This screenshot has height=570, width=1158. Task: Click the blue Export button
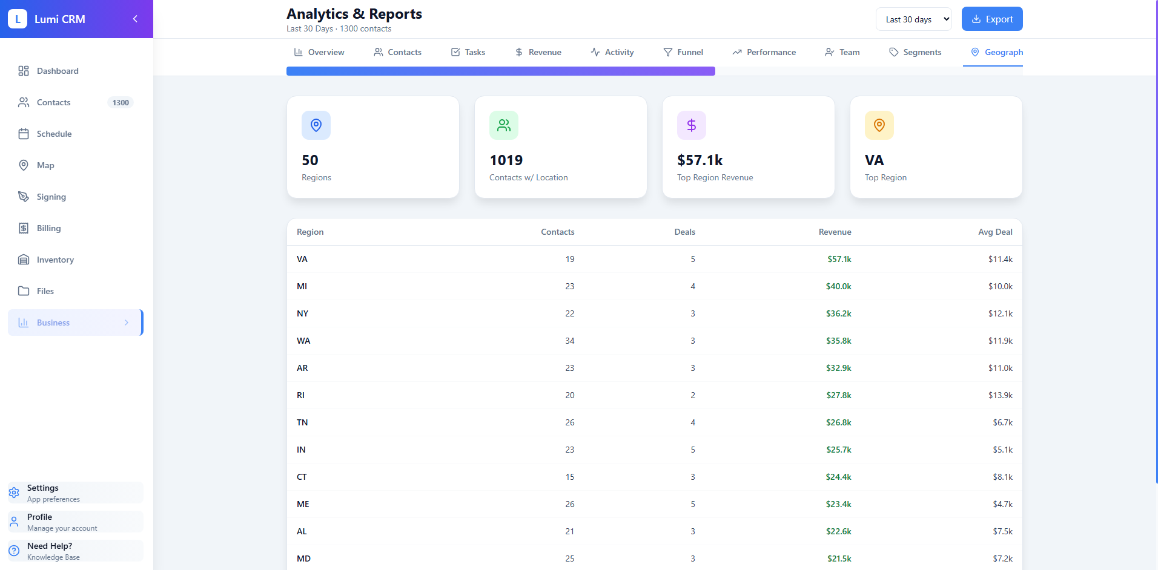pyautogui.click(x=991, y=19)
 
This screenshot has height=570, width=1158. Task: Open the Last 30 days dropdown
pyautogui.click(x=913, y=19)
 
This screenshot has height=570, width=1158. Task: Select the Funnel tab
pyautogui.click(x=683, y=52)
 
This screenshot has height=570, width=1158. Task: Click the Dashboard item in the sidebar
pyautogui.click(x=58, y=71)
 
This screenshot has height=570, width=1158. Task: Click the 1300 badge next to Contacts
pyautogui.click(x=121, y=102)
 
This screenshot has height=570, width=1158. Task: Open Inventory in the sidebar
pyautogui.click(x=55, y=260)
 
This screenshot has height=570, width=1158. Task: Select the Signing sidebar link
pyautogui.click(x=51, y=197)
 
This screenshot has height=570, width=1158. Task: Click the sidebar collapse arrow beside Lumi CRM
pyautogui.click(x=135, y=19)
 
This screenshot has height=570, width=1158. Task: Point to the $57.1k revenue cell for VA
pyautogui.click(x=839, y=259)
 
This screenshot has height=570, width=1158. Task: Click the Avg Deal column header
pyautogui.click(x=994, y=232)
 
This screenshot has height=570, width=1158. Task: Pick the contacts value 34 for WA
pyautogui.click(x=569, y=341)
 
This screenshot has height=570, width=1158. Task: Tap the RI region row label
pyautogui.click(x=300, y=395)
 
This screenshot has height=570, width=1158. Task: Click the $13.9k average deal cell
pyautogui.click(x=1000, y=395)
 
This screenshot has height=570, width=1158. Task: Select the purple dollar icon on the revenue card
pyautogui.click(x=691, y=125)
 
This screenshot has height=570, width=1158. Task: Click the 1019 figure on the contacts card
pyautogui.click(x=506, y=160)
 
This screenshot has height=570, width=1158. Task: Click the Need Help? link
pyautogui.click(x=50, y=546)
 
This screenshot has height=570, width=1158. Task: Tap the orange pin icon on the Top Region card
pyautogui.click(x=879, y=125)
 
